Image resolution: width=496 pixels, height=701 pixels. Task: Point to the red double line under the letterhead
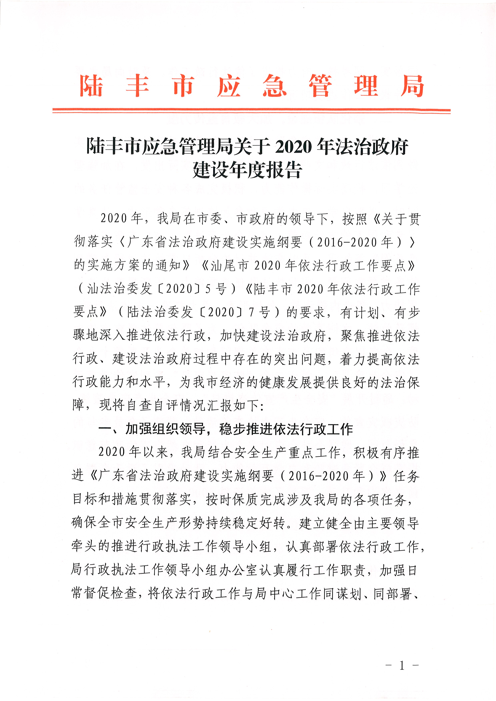coord(251,111)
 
